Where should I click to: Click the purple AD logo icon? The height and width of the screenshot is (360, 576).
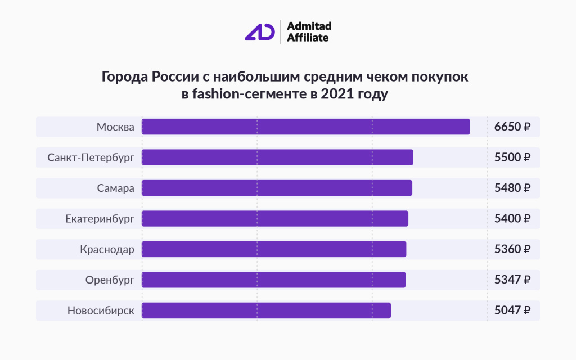coord(260,31)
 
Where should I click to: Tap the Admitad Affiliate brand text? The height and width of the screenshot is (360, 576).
coord(309,31)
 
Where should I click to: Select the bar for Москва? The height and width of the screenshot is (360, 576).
coord(305,127)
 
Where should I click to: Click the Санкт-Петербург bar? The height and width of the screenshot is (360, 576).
coord(277,157)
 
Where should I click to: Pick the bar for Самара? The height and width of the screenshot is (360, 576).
coord(277,188)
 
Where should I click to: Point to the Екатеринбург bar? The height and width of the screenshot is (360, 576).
coord(274,218)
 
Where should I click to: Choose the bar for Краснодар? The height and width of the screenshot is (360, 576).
coord(273,249)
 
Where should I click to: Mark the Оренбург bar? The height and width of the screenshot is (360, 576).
coord(273,279)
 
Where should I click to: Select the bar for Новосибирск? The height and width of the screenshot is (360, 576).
coord(266,310)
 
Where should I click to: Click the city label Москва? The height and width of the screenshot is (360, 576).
coord(115,127)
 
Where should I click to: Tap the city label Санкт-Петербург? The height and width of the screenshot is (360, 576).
coord(91,157)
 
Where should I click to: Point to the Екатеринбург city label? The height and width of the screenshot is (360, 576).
coord(100,218)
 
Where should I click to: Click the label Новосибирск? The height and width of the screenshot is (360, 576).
coord(101,310)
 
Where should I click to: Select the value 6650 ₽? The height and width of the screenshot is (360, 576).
coord(512,127)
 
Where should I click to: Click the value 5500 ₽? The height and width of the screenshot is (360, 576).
coord(512,157)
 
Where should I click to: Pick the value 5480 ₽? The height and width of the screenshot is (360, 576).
coord(512,188)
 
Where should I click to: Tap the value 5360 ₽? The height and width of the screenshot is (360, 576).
coord(512,249)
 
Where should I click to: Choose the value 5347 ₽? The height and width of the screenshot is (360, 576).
coord(512,279)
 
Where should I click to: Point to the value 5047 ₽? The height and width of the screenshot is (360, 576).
coord(512,310)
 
